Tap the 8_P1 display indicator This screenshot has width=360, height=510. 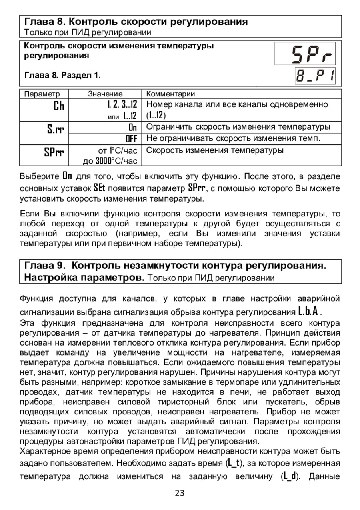tap(315, 76)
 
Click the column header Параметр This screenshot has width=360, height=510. tap(42, 94)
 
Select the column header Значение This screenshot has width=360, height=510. tap(105, 94)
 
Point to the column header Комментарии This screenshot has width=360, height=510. tap(171, 94)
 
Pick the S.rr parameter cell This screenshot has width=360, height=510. tap(56, 129)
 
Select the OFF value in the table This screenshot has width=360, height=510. tap(131, 139)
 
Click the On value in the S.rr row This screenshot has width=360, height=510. tap(132, 127)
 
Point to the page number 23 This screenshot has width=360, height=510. tap(180, 493)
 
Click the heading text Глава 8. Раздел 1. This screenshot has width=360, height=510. tap(63, 75)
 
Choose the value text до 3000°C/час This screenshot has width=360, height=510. tap(110, 161)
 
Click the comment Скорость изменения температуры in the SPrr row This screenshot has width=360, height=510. tap(215, 150)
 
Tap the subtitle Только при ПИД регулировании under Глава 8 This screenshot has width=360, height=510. tap(88, 32)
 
